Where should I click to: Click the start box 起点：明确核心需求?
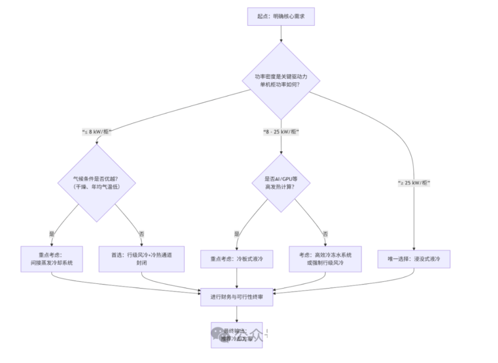pyautogui.click(x=281, y=17)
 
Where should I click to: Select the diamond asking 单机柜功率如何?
pyautogui.click(x=281, y=80)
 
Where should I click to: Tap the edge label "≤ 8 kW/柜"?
pyautogui.click(x=96, y=132)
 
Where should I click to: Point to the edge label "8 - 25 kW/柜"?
pyautogui.click(x=281, y=132)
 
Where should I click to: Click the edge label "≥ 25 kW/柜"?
pyautogui.click(x=414, y=183)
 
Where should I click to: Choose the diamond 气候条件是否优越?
pyautogui.click(x=96, y=183)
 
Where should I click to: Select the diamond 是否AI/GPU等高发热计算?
pyautogui.click(x=281, y=183)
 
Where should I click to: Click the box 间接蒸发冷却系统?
pyautogui.click(x=51, y=259)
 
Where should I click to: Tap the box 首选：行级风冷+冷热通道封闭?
pyautogui.click(x=141, y=259)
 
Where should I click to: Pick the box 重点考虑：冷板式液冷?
pyautogui.click(x=237, y=259)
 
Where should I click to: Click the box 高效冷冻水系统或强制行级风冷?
pyautogui.click(x=325, y=259)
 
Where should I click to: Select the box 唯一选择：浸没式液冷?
pyautogui.click(x=414, y=259)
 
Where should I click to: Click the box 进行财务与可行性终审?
pyautogui.click(x=237, y=297)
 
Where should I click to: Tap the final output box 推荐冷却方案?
pyautogui.click(x=237, y=335)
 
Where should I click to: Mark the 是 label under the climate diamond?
pyautogui.click(x=52, y=234)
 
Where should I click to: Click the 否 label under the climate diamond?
pyautogui.click(x=142, y=234)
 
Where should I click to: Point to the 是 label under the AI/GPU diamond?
pyautogui.click(x=237, y=234)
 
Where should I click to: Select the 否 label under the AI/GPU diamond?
pyautogui.click(x=326, y=234)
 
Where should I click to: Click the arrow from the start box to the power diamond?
pyautogui.click(x=281, y=34)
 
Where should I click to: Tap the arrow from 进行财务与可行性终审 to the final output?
pyautogui.click(x=237, y=314)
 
